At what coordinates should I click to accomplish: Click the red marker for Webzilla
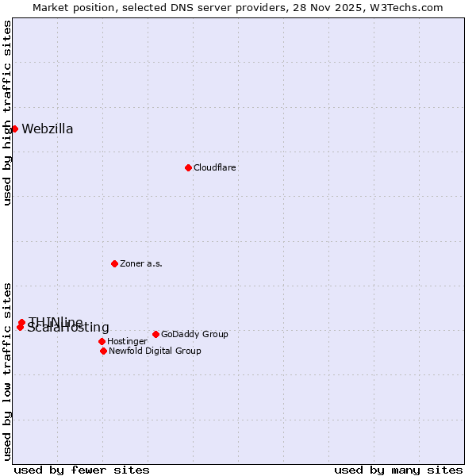point(14,129)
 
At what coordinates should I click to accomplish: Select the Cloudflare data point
point(188,167)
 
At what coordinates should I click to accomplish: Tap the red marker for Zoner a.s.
point(114,263)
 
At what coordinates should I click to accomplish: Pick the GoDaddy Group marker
point(155,334)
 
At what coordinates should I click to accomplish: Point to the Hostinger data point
point(102,341)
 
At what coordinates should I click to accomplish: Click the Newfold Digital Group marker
point(103,351)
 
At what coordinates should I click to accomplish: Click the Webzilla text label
point(48,129)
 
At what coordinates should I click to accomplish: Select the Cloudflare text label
point(215,168)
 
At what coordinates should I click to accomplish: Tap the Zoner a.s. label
point(141,263)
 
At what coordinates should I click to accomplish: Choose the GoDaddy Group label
point(194,334)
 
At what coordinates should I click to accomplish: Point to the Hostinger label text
point(127,341)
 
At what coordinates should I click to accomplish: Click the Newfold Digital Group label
point(155,351)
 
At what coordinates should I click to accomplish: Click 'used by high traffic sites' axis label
point(7,113)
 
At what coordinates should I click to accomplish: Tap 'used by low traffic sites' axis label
point(7,370)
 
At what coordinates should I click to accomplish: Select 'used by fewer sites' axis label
point(82,470)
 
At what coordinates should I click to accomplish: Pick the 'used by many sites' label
point(398,470)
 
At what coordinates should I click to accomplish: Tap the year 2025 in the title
point(354,7)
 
